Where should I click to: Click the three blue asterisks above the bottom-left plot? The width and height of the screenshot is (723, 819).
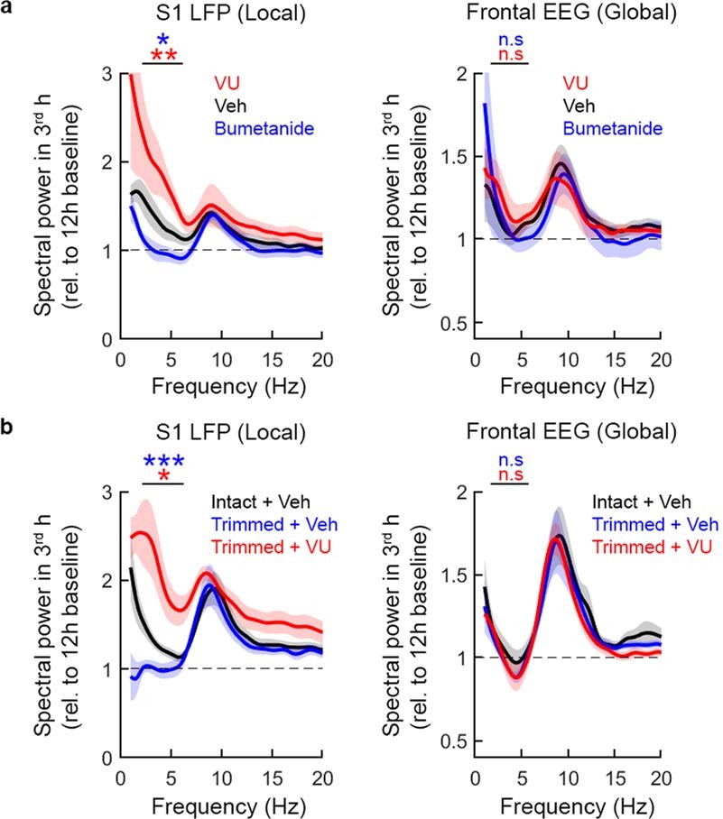point(162,465)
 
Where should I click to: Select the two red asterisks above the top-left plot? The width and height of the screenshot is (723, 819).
point(162,58)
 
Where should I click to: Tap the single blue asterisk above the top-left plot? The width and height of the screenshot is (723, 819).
point(162,41)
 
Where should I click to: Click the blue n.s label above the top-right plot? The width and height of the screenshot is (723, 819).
point(510,40)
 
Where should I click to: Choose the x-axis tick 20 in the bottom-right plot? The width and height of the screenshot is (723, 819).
point(661,778)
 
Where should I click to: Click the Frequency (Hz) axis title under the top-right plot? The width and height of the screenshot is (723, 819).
point(568,386)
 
